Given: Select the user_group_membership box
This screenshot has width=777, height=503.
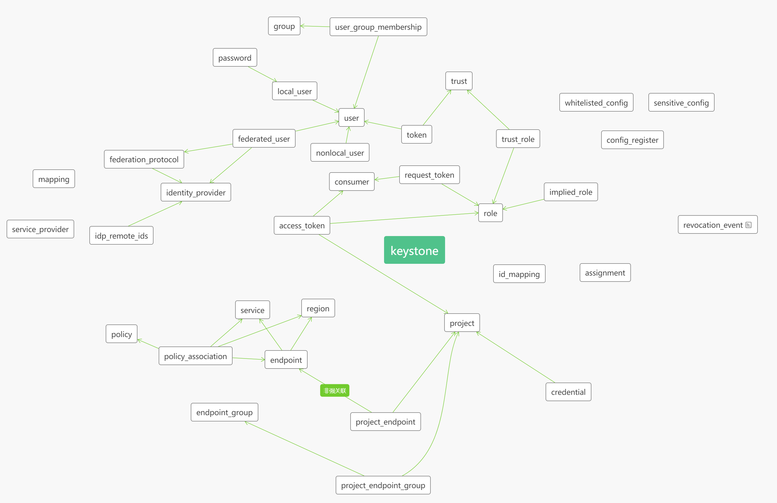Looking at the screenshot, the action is point(378,27).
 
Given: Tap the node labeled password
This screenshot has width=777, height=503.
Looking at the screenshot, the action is point(235,58).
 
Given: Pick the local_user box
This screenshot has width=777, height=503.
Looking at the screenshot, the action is point(294,91).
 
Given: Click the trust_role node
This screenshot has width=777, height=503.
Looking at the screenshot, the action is point(518,139).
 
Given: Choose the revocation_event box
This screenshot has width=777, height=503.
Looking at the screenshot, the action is point(713,225).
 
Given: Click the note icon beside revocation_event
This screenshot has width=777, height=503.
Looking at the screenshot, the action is point(749,225).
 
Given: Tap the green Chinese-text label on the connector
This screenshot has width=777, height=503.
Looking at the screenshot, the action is point(335,391).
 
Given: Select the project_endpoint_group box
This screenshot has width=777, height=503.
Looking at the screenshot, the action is point(383,485).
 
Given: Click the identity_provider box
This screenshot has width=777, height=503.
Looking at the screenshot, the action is point(196,193).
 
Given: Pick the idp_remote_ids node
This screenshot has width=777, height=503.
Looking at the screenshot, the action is point(121,235).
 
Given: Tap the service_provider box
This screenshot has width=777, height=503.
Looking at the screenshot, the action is point(40,229).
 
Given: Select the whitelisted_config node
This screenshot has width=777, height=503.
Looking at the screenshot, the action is point(596,102).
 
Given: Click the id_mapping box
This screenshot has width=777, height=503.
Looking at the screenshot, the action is point(519,274).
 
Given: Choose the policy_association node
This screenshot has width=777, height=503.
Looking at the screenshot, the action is point(195,356).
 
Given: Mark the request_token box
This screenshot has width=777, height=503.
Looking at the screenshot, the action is point(429,175).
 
